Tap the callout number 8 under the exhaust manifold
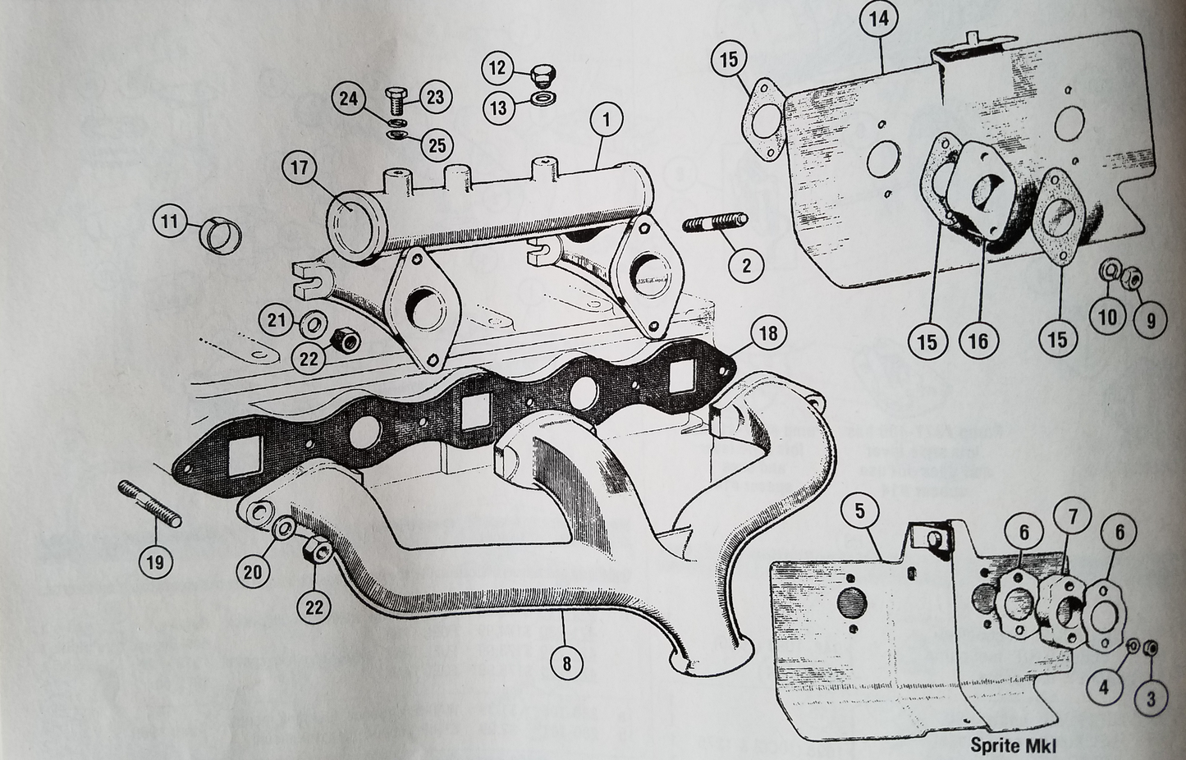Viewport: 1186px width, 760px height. [x=566, y=662]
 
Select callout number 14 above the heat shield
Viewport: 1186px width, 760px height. [x=878, y=19]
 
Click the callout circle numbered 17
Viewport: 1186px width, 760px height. [x=299, y=168]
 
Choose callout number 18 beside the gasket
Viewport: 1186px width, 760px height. [x=767, y=332]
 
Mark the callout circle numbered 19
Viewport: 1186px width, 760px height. [x=155, y=562]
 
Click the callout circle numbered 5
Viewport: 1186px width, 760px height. [x=859, y=511]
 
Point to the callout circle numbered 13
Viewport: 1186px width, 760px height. [x=498, y=108]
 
